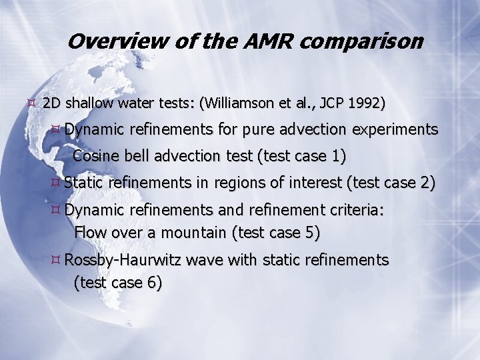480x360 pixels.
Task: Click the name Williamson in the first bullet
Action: click(241, 104)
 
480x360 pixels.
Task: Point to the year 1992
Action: click(368, 104)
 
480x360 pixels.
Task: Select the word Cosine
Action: click(94, 157)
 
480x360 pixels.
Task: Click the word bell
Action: click(135, 157)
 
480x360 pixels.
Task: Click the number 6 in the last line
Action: click(153, 283)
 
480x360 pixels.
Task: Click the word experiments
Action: click(398, 129)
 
